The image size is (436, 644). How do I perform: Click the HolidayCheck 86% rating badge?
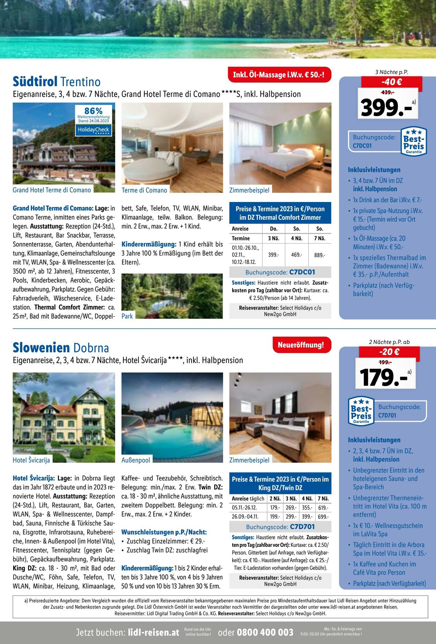(93, 120)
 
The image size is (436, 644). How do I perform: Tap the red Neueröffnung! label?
(301, 345)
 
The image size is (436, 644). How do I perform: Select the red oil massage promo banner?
(279, 75)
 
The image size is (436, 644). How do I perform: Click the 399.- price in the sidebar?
(386, 107)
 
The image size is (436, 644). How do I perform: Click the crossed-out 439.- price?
(387, 92)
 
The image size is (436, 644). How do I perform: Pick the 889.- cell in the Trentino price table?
(319, 255)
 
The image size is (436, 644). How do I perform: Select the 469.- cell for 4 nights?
(296, 255)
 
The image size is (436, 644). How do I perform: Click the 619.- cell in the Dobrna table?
(323, 508)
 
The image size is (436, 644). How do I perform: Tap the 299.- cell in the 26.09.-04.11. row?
(291, 517)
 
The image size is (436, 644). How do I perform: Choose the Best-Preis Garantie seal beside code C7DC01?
(414, 141)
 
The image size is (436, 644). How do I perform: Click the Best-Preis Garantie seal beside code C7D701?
(361, 411)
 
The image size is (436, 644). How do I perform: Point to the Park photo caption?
(127, 316)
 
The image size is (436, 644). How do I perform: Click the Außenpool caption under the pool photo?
(136, 460)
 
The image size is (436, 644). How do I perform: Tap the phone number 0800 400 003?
(265, 632)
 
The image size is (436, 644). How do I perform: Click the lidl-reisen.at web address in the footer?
(153, 632)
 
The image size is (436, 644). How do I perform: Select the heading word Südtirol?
(35, 82)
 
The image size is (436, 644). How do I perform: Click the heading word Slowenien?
(41, 348)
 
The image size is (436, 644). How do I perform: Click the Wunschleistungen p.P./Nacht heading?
(164, 532)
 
